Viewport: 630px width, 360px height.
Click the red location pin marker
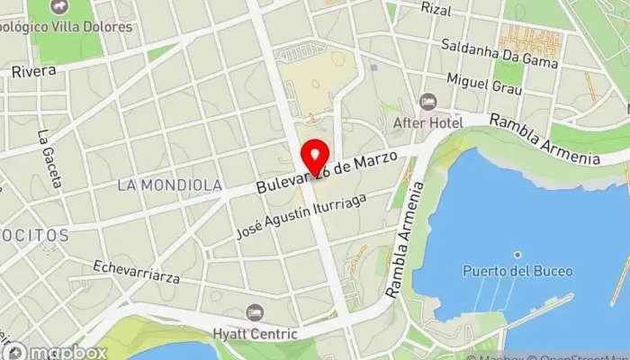314,157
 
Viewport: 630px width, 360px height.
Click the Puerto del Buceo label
507,271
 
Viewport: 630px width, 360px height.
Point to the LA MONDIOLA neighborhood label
170,184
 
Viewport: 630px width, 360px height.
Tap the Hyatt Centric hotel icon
255,312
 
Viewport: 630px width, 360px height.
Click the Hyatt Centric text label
255,334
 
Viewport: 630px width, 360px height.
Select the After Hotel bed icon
427,101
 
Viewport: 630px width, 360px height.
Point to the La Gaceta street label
49,160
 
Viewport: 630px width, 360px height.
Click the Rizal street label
436,9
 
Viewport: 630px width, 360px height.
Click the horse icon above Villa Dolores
60,7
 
